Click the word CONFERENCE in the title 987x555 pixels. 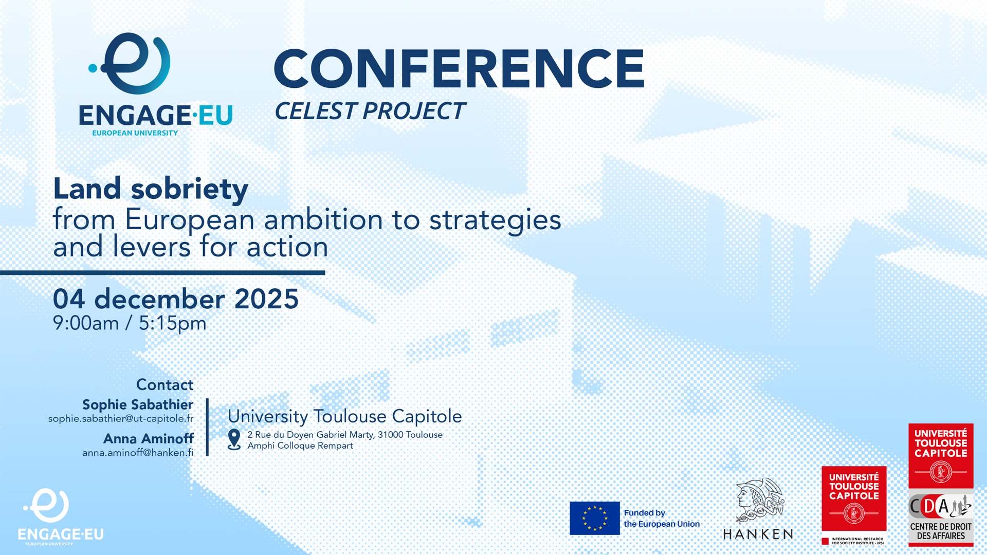(459, 68)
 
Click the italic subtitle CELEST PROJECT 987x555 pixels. (370, 111)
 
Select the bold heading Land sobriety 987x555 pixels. (151, 189)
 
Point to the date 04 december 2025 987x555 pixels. (176, 299)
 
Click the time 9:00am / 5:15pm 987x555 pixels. (130, 323)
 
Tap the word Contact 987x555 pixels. (164, 384)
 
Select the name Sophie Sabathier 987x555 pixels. (138, 404)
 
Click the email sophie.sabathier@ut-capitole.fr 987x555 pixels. (121, 419)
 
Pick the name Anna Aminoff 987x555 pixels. (149, 438)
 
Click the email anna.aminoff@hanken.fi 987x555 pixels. (138, 453)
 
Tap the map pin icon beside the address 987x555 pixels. (234, 439)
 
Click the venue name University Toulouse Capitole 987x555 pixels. (345, 416)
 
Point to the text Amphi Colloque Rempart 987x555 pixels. (300, 446)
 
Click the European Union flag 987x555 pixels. (595, 518)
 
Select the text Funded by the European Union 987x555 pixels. (662, 519)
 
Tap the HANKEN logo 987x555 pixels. (758, 509)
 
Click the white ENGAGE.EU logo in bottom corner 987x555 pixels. (61, 516)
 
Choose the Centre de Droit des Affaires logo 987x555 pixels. (941, 517)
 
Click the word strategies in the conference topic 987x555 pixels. (495, 220)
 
